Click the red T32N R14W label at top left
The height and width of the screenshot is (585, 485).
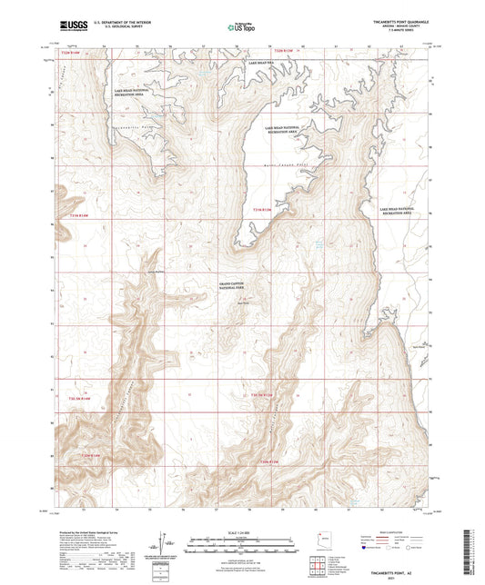pos(78,55)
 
